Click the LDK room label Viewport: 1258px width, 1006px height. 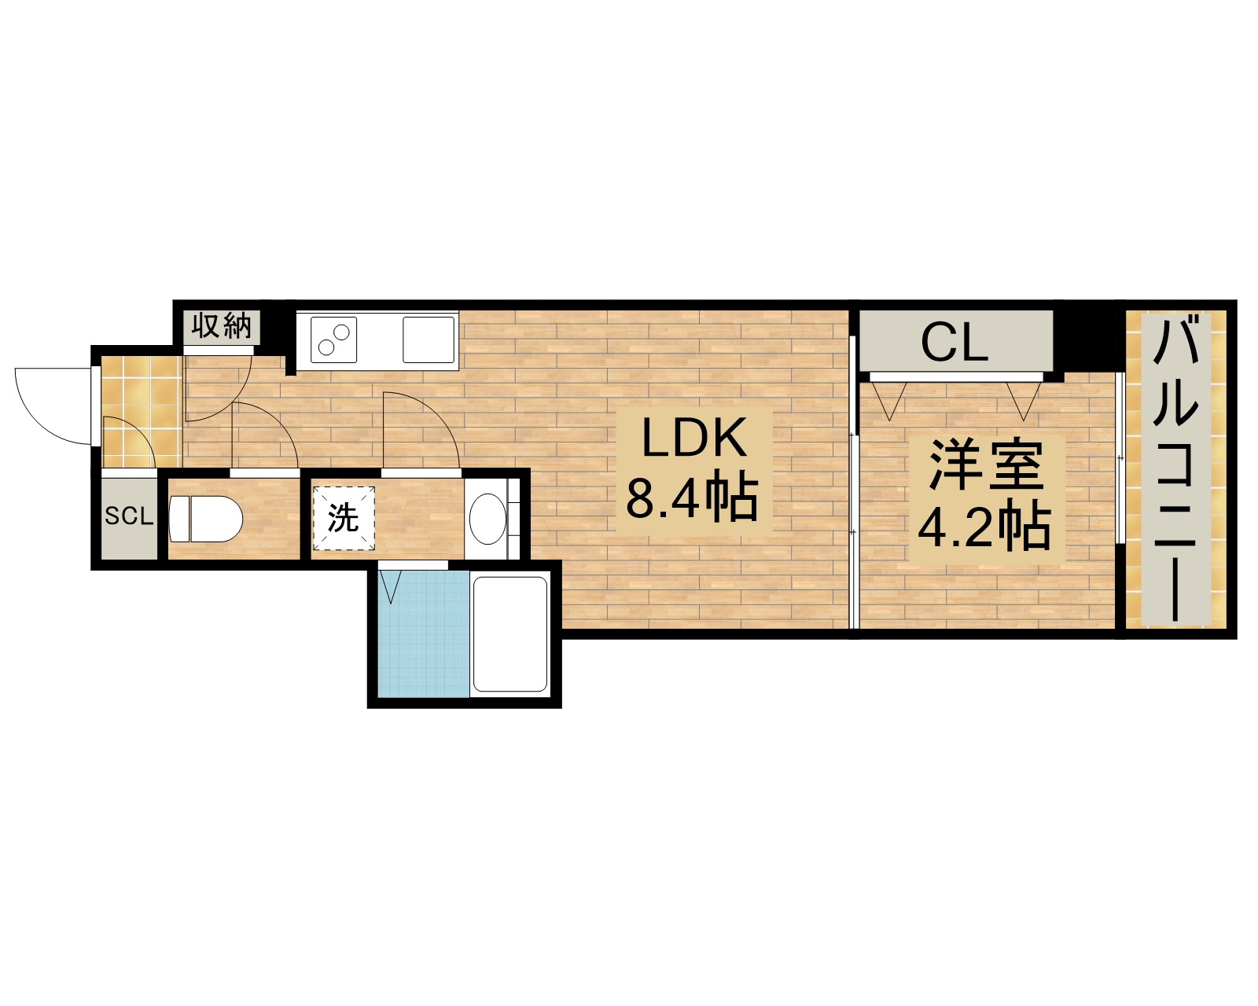[693, 439]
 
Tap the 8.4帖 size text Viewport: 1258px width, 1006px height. [692, 497]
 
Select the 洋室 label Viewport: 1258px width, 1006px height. [986, 465]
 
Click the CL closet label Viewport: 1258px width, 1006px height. [955, 342]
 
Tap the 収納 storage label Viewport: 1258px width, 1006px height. [222, 325]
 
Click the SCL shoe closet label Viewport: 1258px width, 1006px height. [129, 516]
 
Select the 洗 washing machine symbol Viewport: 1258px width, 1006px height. [343, 518]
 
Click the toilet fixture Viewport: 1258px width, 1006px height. [204, 519]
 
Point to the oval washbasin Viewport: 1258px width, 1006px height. [487, 518]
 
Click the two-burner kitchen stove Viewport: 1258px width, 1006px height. [334, 340]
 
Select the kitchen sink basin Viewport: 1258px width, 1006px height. [429, 339]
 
